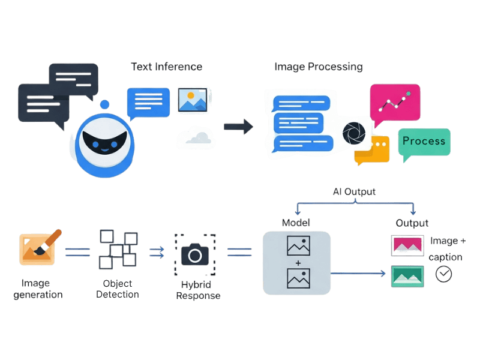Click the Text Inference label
click(166, 67)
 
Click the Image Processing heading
click(318, 67)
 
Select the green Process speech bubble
click(424, 142)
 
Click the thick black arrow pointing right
click(238, 126)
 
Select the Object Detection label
click(118, 289)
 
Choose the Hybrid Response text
click(197, 290)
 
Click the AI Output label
click(354, 192)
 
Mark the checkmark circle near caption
click(444, 274)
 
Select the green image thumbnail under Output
click(407, 276)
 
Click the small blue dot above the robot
click(105, 105)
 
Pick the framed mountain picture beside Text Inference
click(192, 100)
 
